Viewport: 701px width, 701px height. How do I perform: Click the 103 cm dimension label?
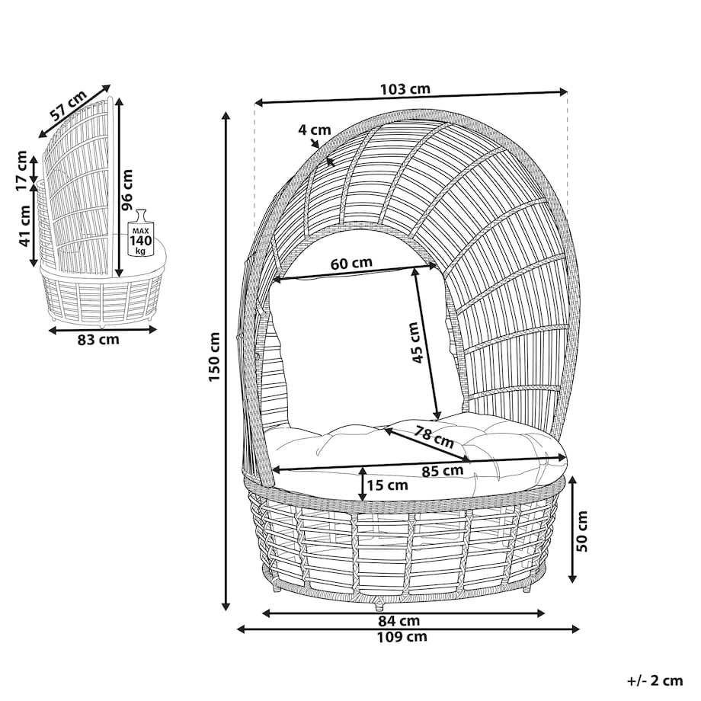pyautogui.click(x=405, y=89)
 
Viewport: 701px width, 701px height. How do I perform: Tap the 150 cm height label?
pyautogui.click(x=215, y=357)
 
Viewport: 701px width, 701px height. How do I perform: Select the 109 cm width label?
pyautogui.click(x=402, y=637)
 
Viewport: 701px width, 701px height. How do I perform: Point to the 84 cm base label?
pyautogui.click(x=399, y=620)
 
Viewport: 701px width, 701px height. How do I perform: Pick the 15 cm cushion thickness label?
pyautogui.click(x=387, y=485)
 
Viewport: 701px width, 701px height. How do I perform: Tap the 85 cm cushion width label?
pyautogui.click(x=442, y=471)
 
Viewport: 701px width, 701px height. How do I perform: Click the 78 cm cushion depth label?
pyautogui.click(x=434, y=437)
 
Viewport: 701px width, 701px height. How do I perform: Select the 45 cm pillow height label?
pyautogui.click(x=416, y=342)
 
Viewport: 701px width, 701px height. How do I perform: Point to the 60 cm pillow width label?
pyautogui.click(x=351, y=264)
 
